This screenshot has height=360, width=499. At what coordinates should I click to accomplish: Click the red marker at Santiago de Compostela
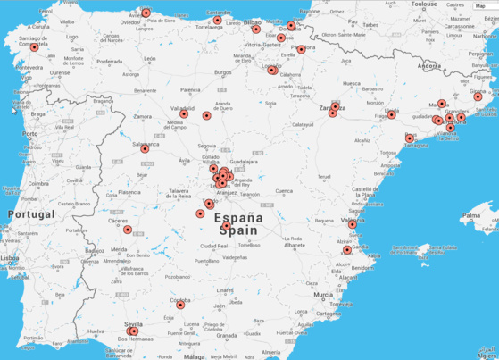tap(35, 47)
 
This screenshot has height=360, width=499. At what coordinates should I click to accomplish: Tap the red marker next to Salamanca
tap(145, 148)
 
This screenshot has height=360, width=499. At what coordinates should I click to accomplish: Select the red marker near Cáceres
tap(128, 230)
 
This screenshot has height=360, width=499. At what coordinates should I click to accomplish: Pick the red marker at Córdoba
tap(180, 305)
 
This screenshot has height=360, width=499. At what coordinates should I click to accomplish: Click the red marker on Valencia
tap(352, 224)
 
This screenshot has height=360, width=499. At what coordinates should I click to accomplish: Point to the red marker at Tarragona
tap(410, 138)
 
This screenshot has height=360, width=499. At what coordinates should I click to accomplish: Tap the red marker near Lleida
tap(391, 114)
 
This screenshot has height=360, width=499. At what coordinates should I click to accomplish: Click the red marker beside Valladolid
tap(184, 113)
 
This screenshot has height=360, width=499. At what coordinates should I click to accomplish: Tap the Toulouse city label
tap(425, 4)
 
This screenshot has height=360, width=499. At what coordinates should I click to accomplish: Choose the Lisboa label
tap(11, 257)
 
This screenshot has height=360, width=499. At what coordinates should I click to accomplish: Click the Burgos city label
tap(223, 72)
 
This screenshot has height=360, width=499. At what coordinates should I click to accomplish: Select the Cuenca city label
tap(284, 191)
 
